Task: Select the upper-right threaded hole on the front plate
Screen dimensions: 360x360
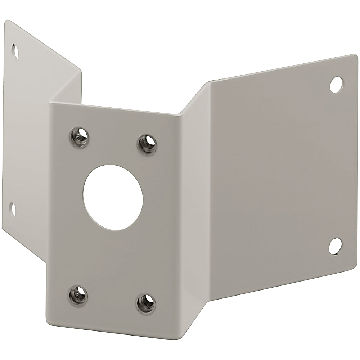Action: (x=146, y=143)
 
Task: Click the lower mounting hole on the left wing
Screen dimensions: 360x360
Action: (x=13, y=209)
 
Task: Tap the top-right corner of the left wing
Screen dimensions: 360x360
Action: (x=81, y=70)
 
